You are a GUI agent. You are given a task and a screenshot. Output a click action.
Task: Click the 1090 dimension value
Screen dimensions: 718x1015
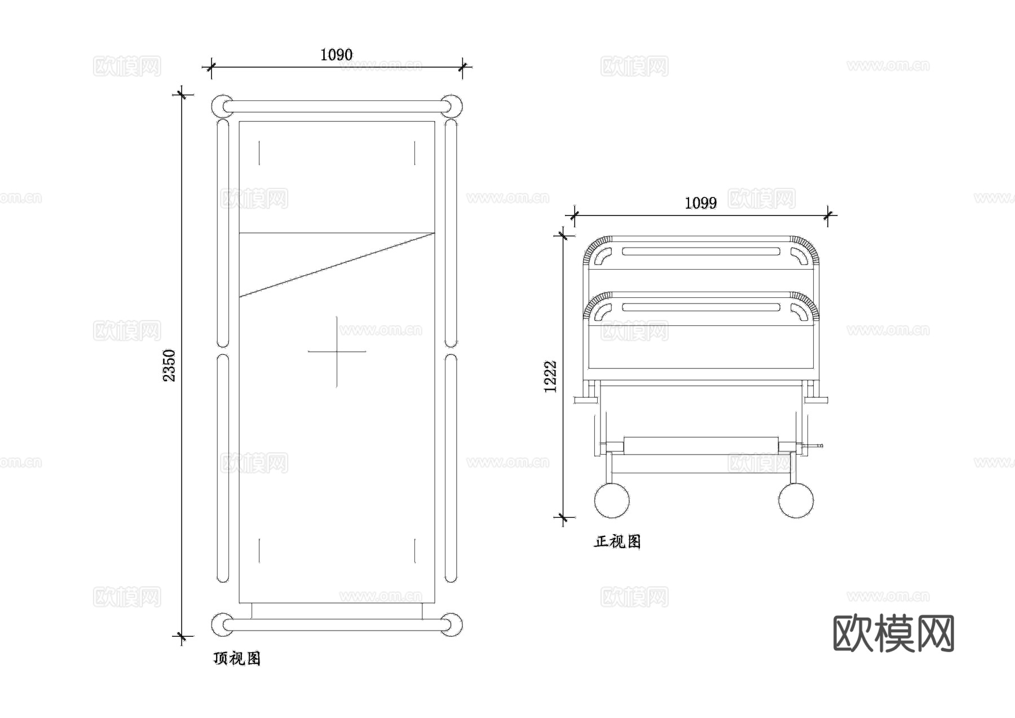[x=336, y=55]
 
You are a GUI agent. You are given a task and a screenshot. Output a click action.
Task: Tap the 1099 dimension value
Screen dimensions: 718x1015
[x=700, y=202]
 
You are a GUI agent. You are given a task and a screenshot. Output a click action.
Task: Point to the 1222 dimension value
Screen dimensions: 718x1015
[x=550, y=376]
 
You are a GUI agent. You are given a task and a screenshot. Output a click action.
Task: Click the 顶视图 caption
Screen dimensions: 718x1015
[x=237, y=658]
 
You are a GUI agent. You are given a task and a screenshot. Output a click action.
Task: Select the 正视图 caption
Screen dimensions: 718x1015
[x=617, y=541]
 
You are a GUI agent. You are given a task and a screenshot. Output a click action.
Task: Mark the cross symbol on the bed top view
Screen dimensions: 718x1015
[x=337, y=351]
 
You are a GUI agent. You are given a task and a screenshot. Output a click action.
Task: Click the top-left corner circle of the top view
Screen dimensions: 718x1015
[x=222, y=106]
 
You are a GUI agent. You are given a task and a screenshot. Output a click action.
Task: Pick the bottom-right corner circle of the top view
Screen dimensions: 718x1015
[x=451, y=624]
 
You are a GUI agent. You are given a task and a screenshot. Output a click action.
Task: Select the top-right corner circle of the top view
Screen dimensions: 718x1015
[x=451, y=106]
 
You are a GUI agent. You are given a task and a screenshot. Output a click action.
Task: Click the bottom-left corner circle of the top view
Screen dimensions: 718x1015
[x=222, y=624]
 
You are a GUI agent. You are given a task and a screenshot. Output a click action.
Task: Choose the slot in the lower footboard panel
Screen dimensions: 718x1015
[x=701, y=307]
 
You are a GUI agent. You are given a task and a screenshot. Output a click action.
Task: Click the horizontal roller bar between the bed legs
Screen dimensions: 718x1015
[x=701, y=446]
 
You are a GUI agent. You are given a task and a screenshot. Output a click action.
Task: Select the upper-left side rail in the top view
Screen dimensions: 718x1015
[x=223, y=232]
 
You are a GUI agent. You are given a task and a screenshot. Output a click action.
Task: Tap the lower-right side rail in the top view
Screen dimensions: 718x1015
[x=451, y=468]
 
